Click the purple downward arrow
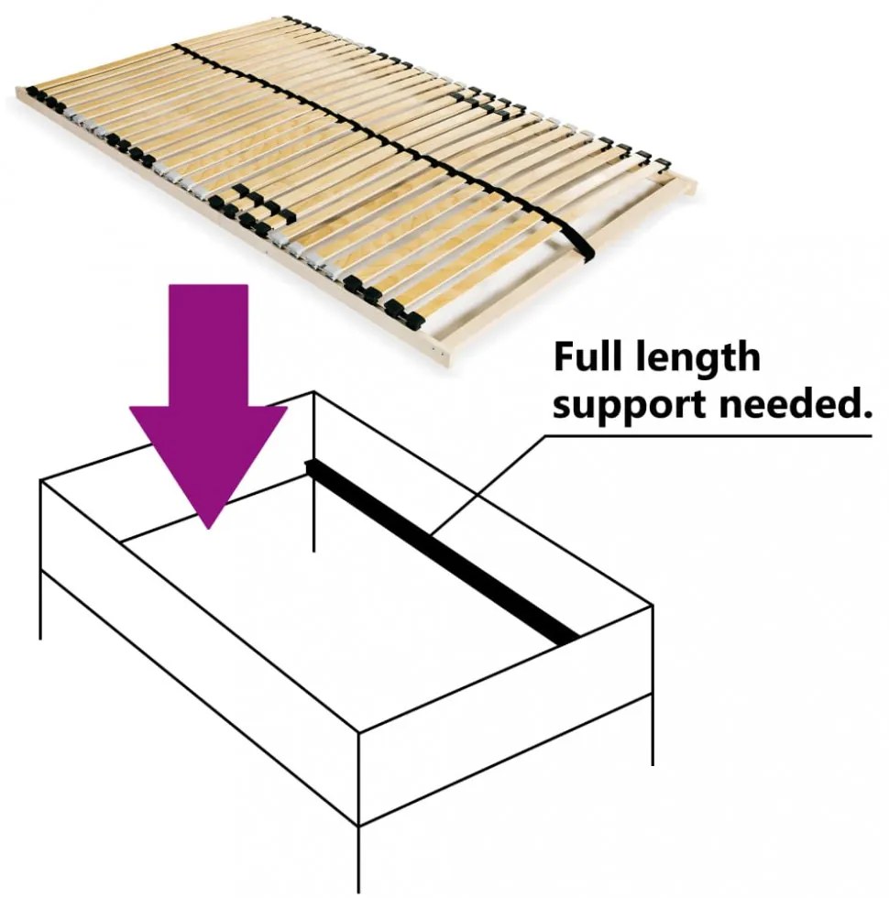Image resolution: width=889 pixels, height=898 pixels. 209,406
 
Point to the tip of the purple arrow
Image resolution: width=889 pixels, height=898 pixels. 209,529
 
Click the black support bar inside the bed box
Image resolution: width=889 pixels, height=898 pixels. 441,552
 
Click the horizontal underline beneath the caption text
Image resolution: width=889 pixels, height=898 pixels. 708,436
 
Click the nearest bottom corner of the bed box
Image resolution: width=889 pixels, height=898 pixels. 358,825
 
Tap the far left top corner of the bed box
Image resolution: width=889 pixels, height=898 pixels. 40,480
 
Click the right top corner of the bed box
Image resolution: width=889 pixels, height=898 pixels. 653,604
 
